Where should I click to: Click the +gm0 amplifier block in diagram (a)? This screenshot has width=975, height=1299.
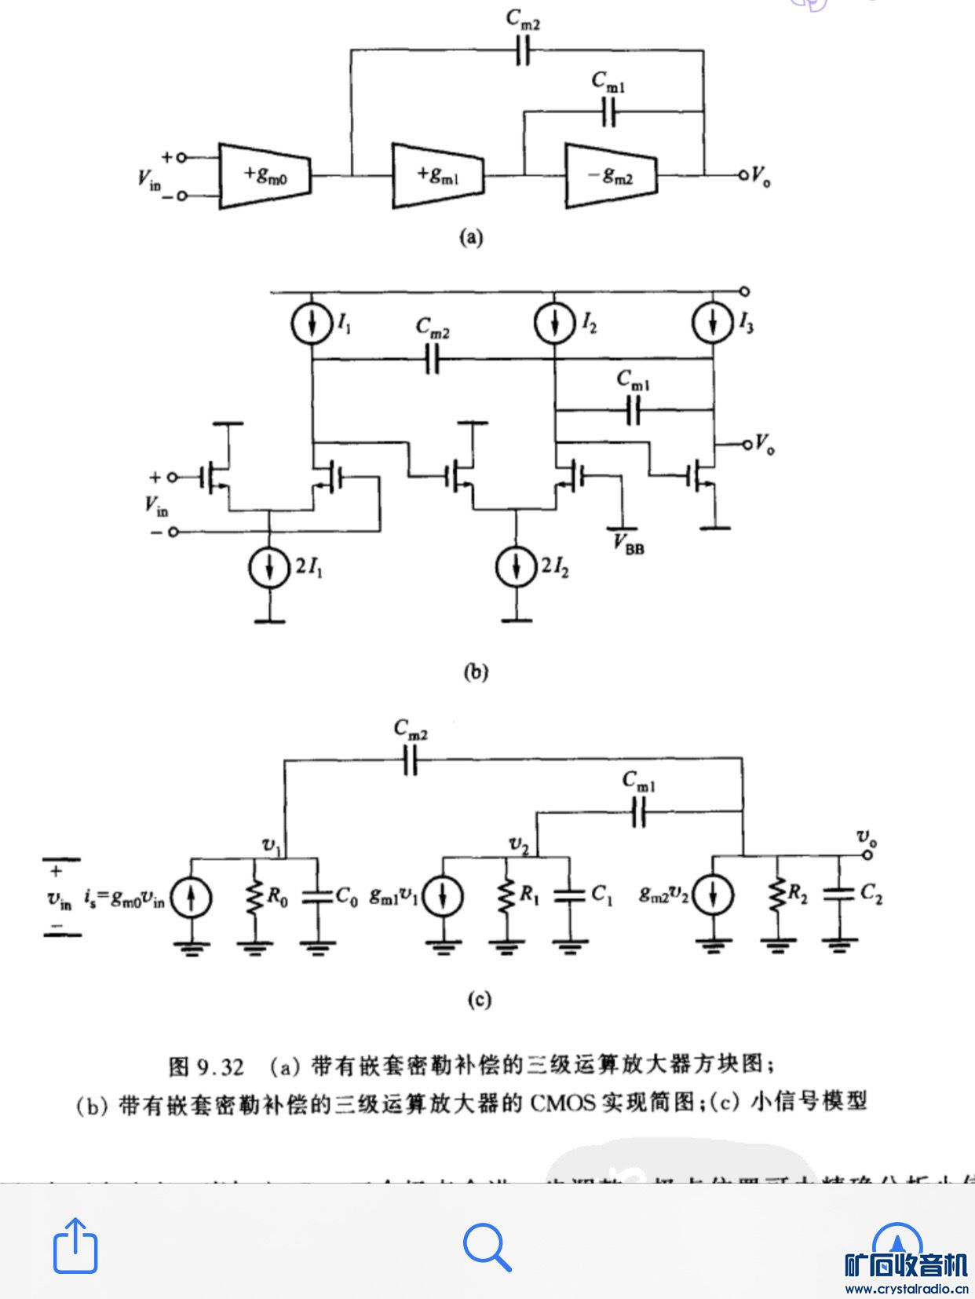click(265, 175)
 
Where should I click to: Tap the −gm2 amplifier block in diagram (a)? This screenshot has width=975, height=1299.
click(611, 175)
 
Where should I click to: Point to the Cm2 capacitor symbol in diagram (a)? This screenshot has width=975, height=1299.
click(524, 50)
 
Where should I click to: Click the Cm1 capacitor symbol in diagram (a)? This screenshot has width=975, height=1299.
click(609, 113)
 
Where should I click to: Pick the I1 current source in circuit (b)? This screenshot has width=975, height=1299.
click(312, 323)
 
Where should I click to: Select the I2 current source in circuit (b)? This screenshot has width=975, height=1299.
click(555, 323)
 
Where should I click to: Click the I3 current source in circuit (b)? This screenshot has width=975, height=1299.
click(713, 323)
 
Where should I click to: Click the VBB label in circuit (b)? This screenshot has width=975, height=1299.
click(629, 543)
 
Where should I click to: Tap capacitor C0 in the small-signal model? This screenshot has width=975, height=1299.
click(317, 895)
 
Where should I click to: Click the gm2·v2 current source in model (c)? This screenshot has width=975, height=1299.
click(713, 896)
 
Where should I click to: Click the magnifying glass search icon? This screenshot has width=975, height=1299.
click(487, 1246)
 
